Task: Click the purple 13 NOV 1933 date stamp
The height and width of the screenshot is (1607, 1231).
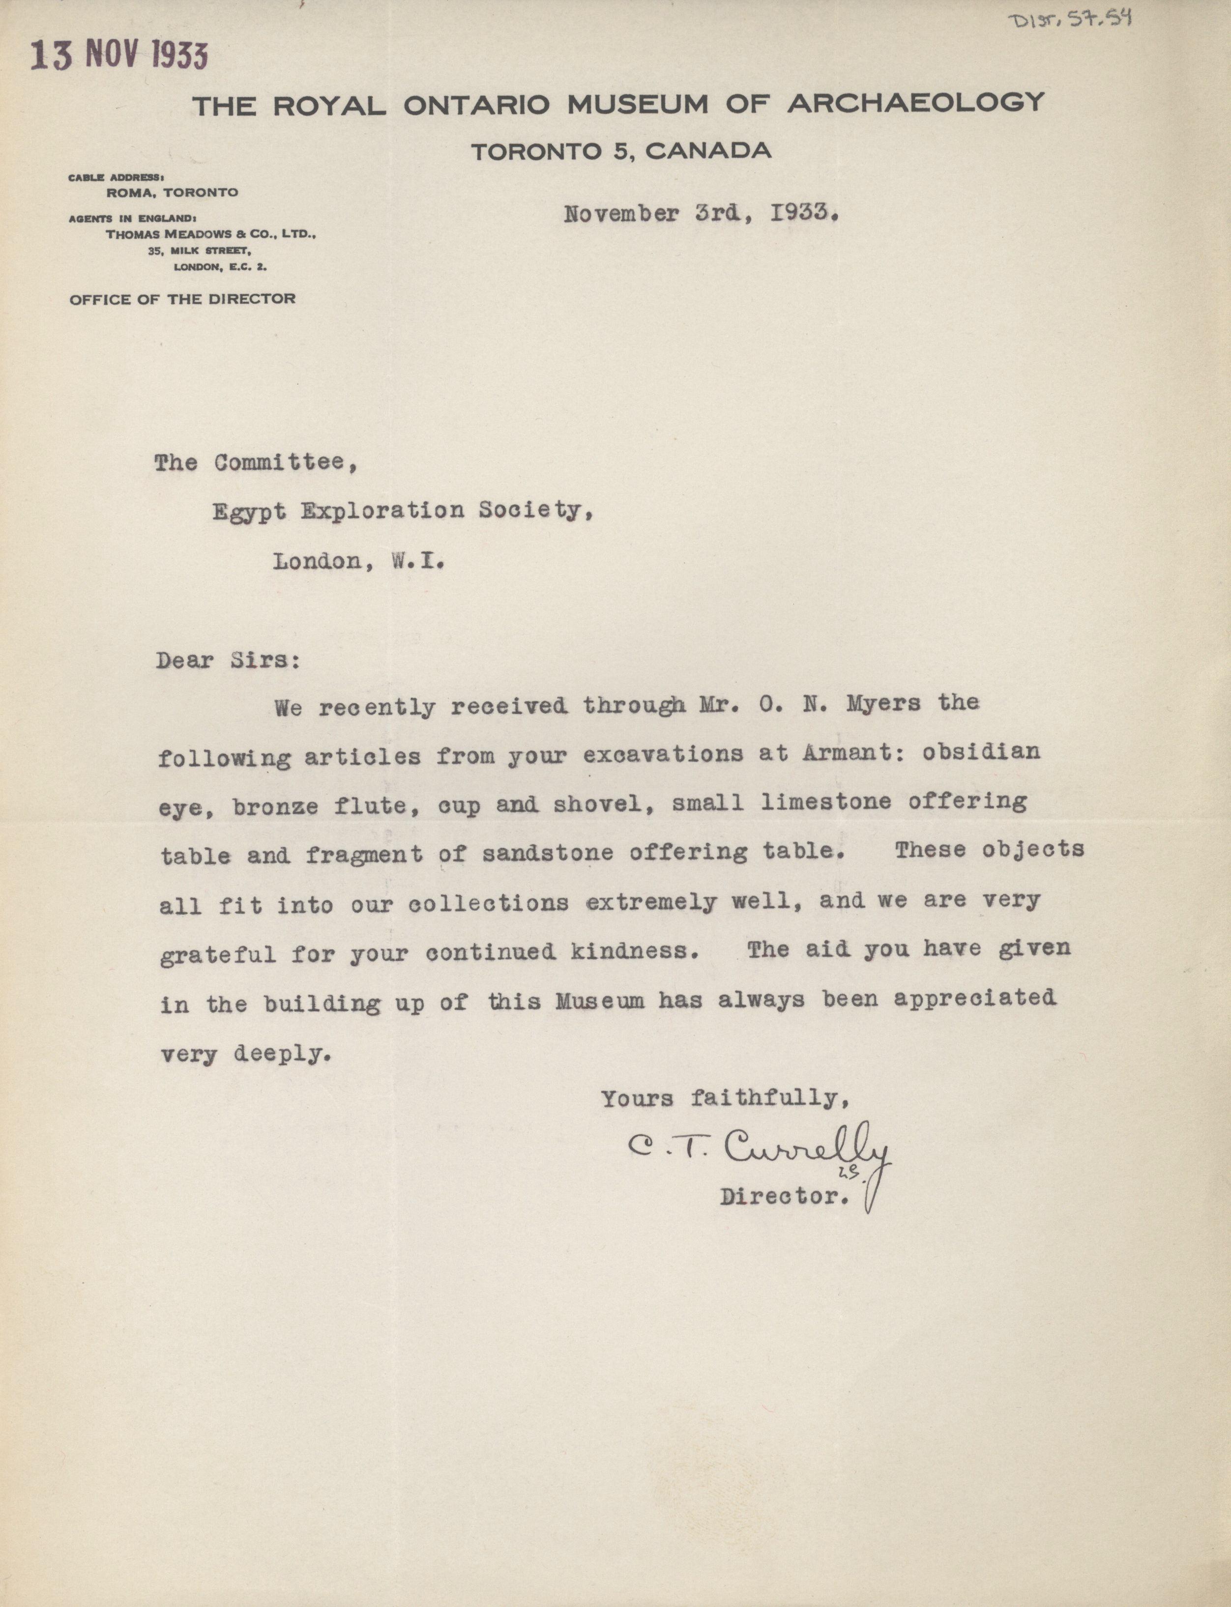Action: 119,56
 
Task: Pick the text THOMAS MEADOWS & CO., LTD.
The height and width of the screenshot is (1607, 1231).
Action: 211,235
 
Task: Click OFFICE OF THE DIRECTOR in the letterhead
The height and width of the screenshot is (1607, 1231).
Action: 182,299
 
